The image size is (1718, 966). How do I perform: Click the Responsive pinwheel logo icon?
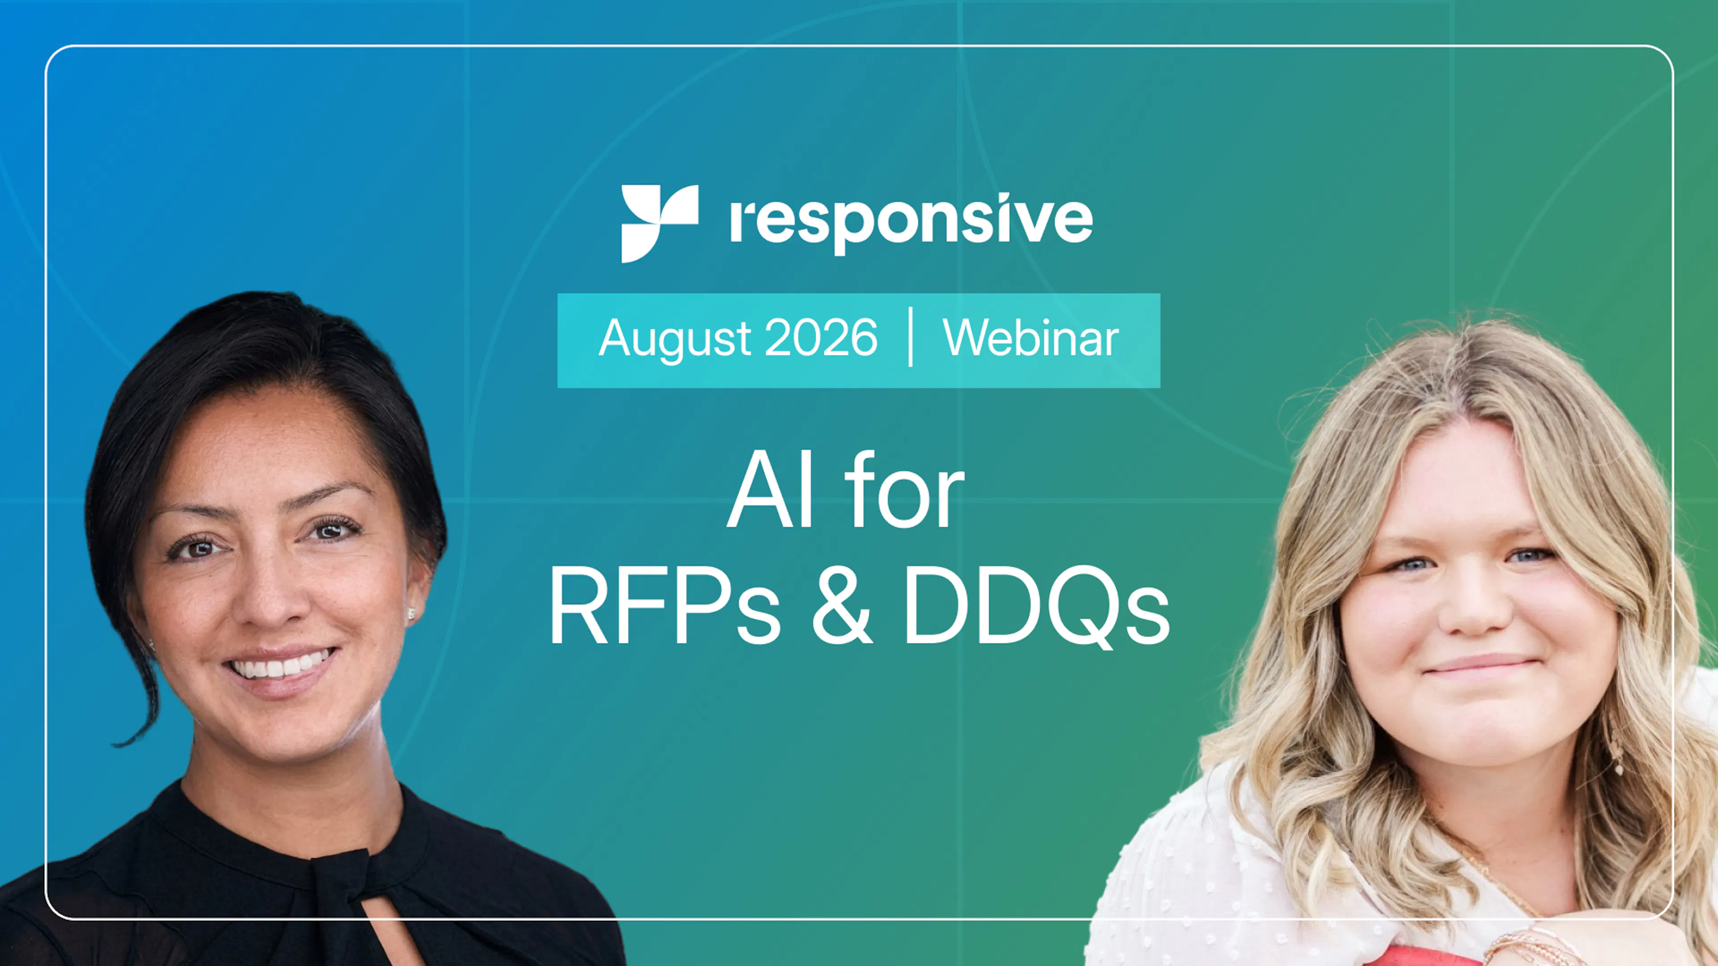click(659, 223)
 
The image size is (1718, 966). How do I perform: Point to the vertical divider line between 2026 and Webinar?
click(910, 337)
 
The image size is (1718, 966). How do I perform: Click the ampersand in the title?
click(841, 605)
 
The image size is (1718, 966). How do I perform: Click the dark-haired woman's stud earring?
click(411, 613)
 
